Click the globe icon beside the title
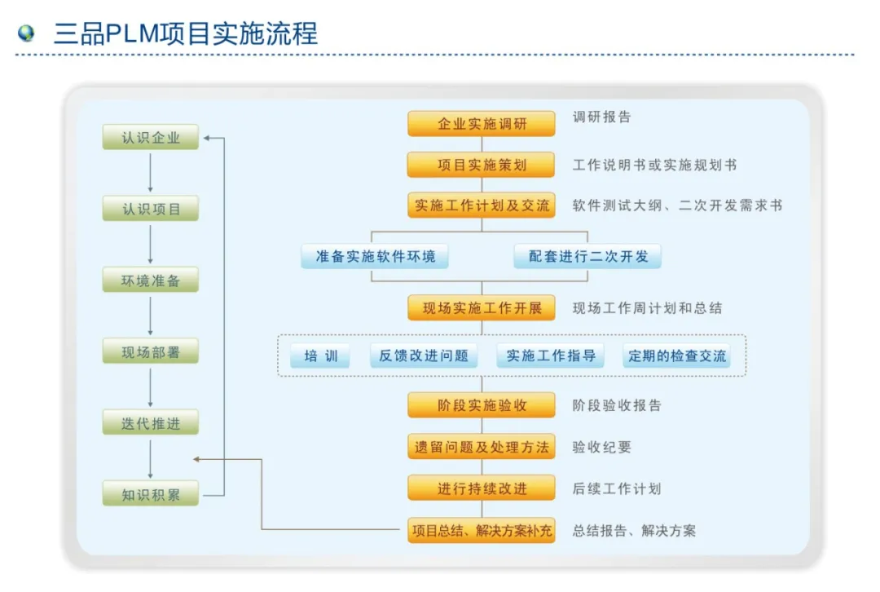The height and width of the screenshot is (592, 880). point(26,33)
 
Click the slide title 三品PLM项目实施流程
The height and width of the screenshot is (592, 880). point(186,33)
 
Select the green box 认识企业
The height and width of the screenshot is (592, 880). point(151,137)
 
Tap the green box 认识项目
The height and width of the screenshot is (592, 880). point(151,209)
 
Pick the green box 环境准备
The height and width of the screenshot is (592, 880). point(151,281)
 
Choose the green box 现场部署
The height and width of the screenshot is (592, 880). point(151,352)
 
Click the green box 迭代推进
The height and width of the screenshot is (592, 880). point(151,422)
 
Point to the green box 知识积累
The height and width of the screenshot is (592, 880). point(151,493)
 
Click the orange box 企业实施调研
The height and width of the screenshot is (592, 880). point(482,124)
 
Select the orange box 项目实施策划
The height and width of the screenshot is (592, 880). point(482,165)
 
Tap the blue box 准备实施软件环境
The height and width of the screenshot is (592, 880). point(375,256)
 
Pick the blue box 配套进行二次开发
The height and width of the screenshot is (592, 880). point(588,256)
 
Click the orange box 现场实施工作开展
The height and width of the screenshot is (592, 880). point(482,308)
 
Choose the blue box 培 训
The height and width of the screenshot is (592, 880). point(320,356)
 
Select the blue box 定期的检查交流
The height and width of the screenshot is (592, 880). point(675,356)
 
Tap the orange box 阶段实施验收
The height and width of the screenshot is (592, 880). point(482,405)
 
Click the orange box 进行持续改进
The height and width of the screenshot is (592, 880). point(482,488)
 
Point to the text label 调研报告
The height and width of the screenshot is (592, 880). point(601,117)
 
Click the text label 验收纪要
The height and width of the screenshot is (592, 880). point(601,447)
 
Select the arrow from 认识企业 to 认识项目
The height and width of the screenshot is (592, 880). point(151,173)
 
